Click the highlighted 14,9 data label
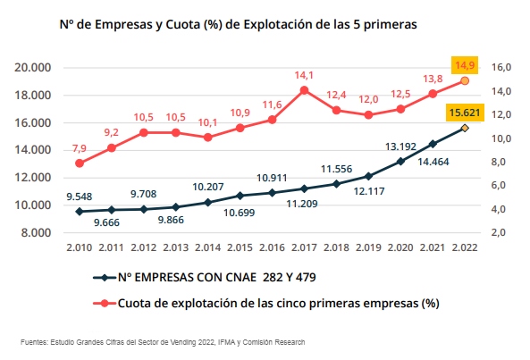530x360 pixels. pyautogui.click(x=465, y=65)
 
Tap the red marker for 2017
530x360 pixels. pyautogui.click(x=304, y=90)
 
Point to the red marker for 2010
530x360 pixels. pyautogui.click(x=80, y=163)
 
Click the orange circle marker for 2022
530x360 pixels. pyautogui.click(x=465, y=81)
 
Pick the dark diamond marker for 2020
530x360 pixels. pyautogui.click(x=400, y=162)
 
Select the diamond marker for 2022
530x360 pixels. pyautogui.click(x=465, y=128)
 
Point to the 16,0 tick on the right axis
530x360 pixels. pyautogui.click(x=501, y=68)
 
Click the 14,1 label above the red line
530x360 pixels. pyautogui.click(x=304, y=75)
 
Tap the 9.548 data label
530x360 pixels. pyautogui.click(x=80, y=196)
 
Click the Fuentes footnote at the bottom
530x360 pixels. pyautogui.click(x=164, y=342)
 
